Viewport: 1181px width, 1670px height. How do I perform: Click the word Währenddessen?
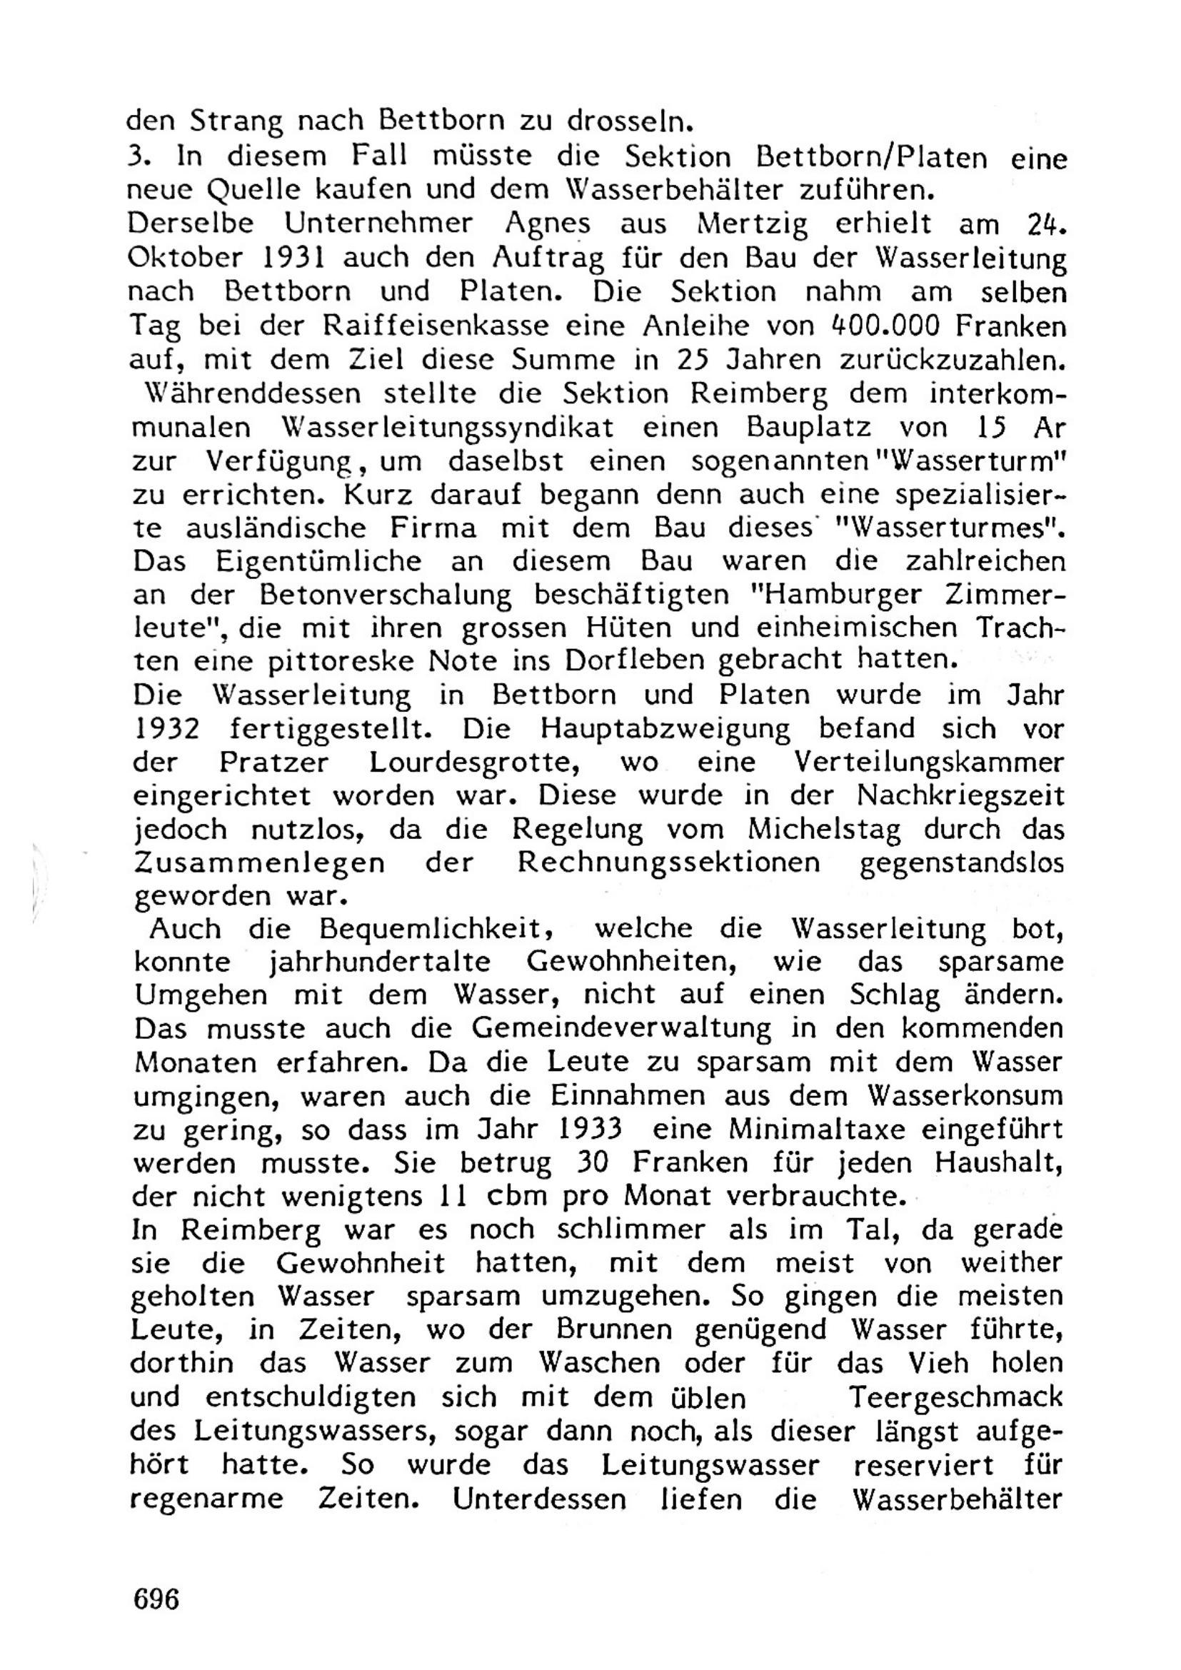click(253, 393)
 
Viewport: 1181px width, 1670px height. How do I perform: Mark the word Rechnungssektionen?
click(668, 863)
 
